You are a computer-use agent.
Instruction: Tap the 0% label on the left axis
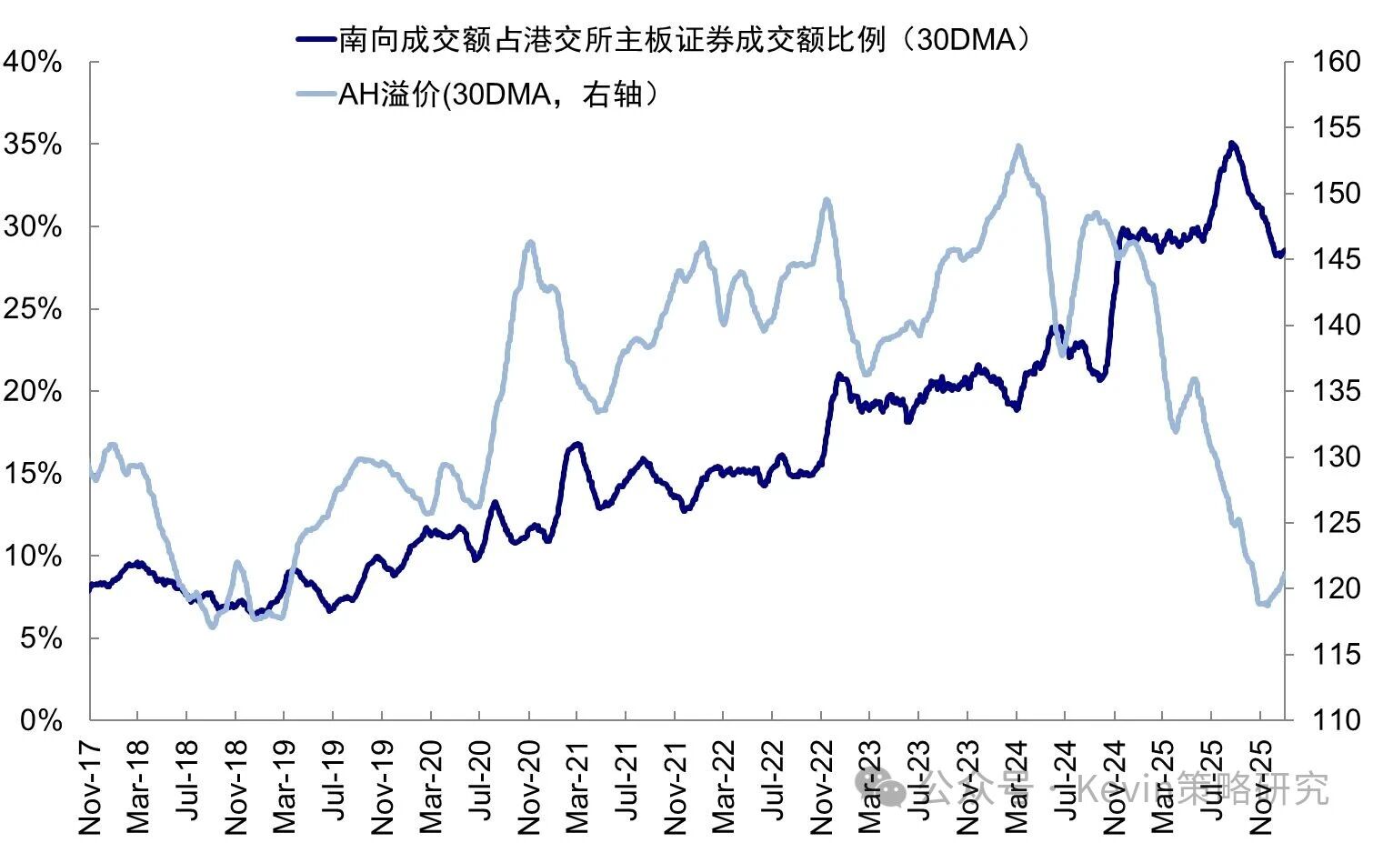[41, 720]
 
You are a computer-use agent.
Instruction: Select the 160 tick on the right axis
[1335, 62]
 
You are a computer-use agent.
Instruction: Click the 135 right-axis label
[1335, 391]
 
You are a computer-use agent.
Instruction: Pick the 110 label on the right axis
[1335, 720]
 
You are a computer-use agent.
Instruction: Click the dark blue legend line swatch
[315, 39]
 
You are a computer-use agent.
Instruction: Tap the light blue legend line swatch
[315, 93]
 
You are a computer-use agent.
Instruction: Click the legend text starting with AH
[496, 94]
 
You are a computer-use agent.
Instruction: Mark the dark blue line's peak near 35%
[1232, 144]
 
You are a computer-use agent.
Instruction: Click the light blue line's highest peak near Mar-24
[1018, 146]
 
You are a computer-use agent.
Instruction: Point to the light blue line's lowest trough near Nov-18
[213, 626]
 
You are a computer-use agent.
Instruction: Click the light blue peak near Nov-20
[530, 243]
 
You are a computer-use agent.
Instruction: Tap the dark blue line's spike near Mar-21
[576, 445]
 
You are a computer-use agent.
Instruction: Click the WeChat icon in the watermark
[879, 786]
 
